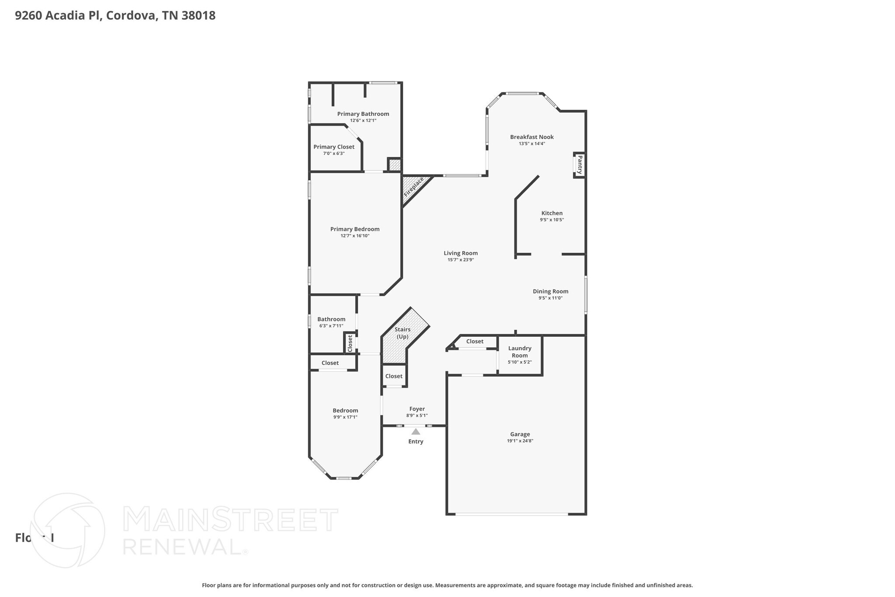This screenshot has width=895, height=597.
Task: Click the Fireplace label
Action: pos(413,186)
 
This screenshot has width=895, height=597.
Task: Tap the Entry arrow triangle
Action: pos(416,432)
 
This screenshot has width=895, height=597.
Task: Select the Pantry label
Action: pos(580,165)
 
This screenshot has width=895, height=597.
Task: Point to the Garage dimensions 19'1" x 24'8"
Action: pos(520,441)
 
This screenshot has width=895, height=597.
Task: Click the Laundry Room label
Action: pos(520,352)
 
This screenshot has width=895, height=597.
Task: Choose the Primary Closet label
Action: pos(334,147)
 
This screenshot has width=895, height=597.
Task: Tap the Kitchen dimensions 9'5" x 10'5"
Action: pos(552,220)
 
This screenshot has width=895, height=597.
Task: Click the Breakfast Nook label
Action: pos(532,137)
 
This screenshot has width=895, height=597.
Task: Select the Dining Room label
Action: pos(550,291)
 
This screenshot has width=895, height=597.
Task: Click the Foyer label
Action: pos(417,409)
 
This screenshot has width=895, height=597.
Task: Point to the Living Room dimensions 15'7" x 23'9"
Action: pos(461,260)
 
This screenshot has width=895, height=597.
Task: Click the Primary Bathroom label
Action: pos(363,114)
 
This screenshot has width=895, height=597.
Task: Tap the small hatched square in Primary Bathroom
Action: pos(394,165)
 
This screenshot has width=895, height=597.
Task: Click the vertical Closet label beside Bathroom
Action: pos(350,343)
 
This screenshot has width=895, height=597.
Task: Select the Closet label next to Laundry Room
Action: pos(475,341)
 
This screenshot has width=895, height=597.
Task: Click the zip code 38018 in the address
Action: pos(198,16)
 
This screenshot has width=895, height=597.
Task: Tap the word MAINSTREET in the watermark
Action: pos(230,520)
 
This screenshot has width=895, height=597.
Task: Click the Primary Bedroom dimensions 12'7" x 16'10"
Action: pos(355,236)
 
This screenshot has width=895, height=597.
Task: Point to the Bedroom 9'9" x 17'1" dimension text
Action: pos(345,417)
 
